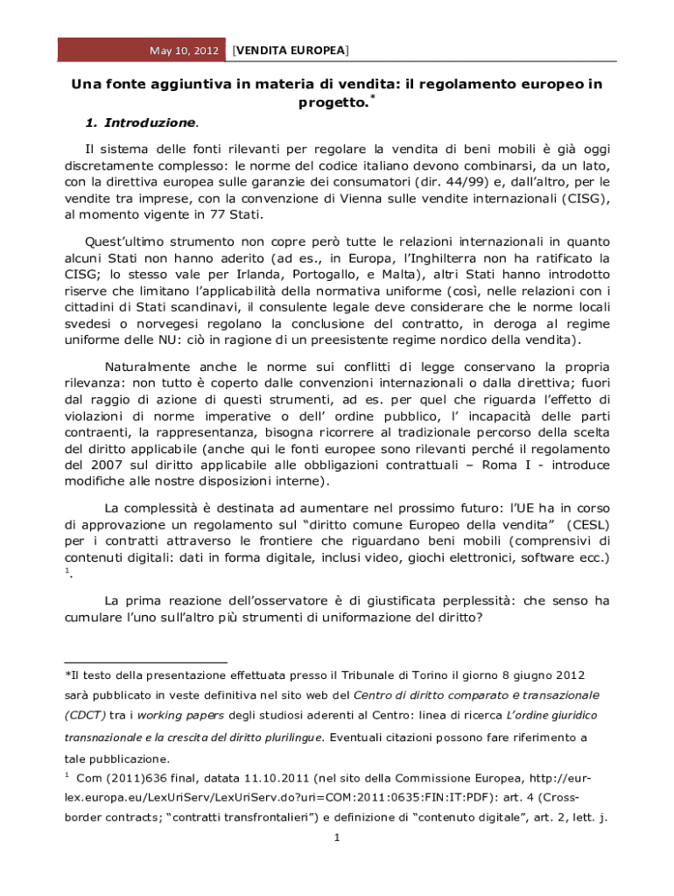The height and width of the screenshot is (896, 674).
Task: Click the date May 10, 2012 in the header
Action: click(x=184, y=51)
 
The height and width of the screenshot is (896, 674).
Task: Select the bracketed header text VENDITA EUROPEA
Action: click(x=289, y=50)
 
